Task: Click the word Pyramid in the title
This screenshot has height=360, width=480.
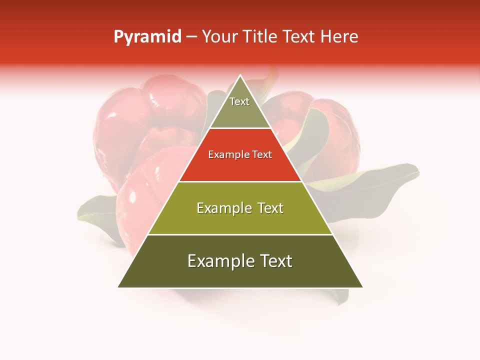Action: [147, 37]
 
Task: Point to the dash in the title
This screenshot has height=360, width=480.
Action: [191, 37]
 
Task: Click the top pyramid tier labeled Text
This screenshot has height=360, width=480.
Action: [240, 107]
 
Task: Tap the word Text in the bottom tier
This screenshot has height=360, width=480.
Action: [274, 261]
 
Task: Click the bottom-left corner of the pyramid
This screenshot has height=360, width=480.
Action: [118, 287]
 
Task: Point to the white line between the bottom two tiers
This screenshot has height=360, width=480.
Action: [240, 234]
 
